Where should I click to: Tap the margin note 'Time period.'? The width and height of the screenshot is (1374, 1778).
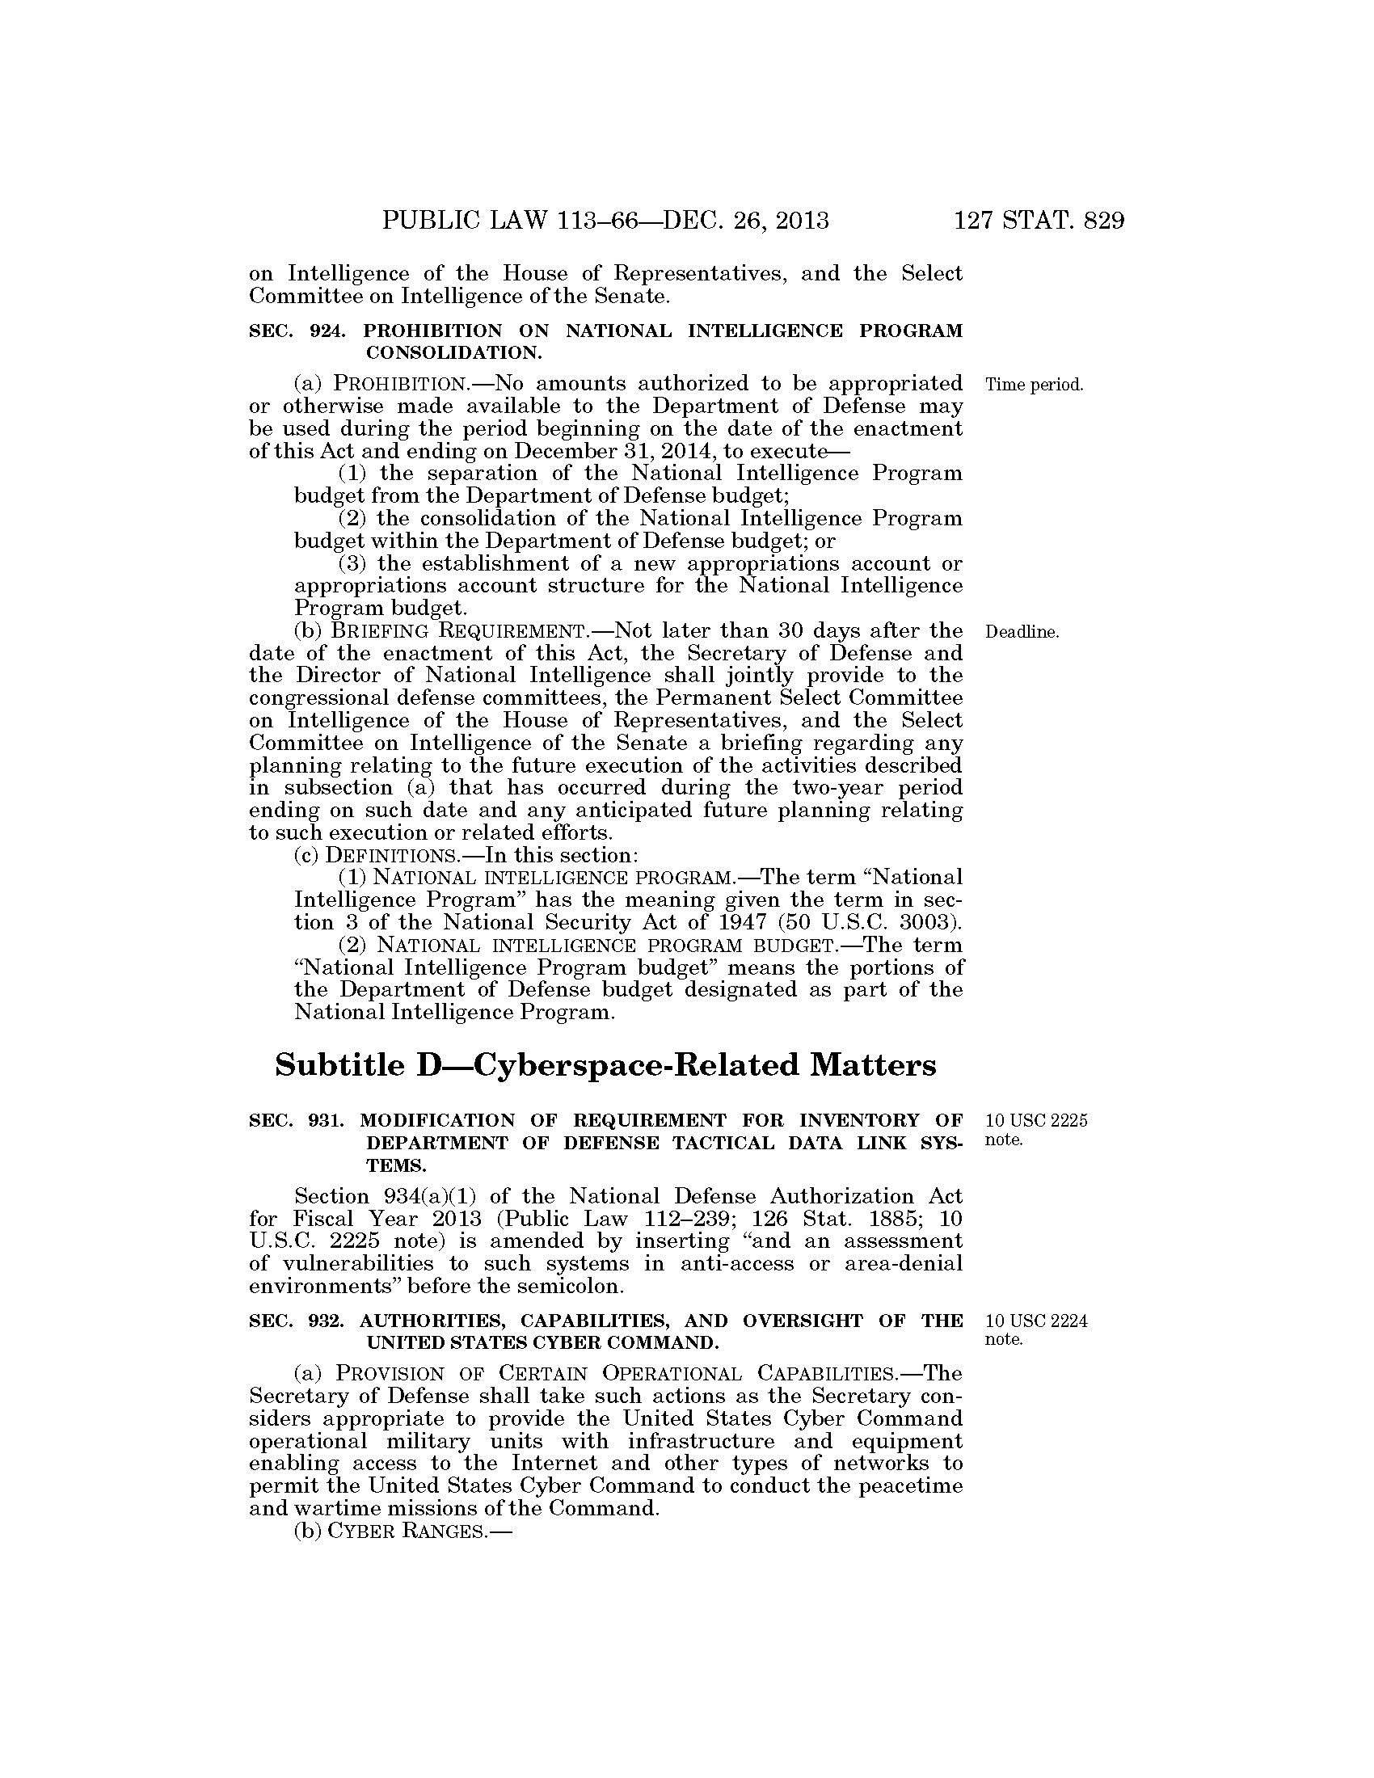[1035, 385]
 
